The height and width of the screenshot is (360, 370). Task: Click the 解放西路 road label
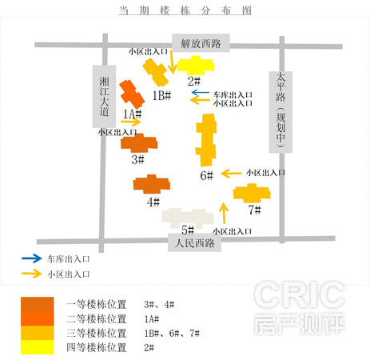201,43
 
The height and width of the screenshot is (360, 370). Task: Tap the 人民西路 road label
194,242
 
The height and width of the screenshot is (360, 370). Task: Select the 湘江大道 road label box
104,96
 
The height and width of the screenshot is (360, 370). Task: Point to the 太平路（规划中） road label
280,112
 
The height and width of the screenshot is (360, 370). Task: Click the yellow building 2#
196,66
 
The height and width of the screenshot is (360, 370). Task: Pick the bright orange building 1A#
132,94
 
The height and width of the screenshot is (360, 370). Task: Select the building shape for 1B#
156,72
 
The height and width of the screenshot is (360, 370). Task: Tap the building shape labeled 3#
139,143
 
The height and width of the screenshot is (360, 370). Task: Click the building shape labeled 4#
152,184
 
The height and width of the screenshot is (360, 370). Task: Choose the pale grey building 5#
188,218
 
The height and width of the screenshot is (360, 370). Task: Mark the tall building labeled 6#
206,140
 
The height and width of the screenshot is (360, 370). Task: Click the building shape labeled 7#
252,193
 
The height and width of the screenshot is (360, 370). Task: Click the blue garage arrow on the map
201,93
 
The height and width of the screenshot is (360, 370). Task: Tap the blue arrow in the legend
32,258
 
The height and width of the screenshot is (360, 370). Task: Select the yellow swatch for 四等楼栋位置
38,347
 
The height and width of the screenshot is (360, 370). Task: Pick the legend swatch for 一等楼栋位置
38,304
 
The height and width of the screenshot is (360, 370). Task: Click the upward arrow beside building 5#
224,213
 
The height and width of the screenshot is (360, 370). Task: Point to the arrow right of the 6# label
231,174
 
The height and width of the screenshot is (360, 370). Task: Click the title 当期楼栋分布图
185,10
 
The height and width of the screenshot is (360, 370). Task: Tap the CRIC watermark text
299,294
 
